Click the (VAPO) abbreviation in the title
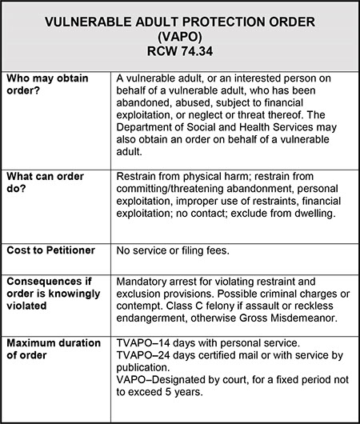180,36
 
